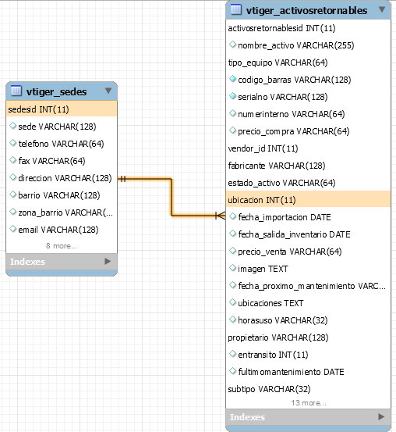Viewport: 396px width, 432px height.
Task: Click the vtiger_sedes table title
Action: [56, 91]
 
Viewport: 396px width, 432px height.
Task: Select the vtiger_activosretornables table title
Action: [306, 10]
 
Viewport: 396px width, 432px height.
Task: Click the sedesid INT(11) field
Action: [38, 109]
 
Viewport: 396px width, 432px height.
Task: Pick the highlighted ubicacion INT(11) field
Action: [262, 200]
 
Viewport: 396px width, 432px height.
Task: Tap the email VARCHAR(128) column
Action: [58, 230]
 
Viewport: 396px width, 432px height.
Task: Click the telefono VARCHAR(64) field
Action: [61, 144]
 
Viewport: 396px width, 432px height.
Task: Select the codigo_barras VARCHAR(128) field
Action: [294, 80]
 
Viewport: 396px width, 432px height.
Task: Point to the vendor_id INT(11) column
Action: [263, 148]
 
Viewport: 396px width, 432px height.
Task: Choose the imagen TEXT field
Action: [263, 269]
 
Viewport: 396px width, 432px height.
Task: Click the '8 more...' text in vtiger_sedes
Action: [62, 246]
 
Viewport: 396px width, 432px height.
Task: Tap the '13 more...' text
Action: [309, 403]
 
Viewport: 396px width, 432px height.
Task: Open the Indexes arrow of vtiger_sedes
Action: [108, 261]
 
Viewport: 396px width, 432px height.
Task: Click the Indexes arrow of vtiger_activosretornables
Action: [381, 416]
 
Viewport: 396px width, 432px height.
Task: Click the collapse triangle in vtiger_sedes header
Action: [108, 91]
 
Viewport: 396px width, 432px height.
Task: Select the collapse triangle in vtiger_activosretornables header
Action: [382, 9]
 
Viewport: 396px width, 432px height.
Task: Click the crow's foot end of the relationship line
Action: [221, 216]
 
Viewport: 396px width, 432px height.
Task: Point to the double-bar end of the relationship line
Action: [122, 179]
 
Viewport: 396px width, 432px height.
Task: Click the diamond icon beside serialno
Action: [232, 96]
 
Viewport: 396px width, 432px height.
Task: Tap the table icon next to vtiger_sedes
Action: [16, 91]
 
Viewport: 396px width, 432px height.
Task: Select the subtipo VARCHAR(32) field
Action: [269, 389]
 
